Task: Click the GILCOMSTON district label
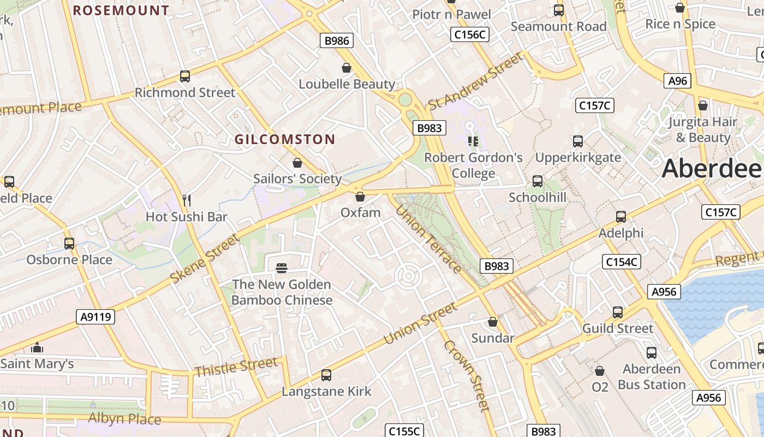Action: (x=285, y=139)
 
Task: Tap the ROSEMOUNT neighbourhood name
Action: (x=121, y=10)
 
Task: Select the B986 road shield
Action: (x=336, y=40)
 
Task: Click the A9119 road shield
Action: (x=95, y=316)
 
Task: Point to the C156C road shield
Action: (x=470, y=34)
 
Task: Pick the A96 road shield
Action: (x=678, y=81)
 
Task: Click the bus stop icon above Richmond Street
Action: (x=185, y=76)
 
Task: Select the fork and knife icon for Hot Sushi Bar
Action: (x=186, y=200)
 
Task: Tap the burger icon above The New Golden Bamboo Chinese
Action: (x=282, y=268)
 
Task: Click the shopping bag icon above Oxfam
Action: (x=360, y=196)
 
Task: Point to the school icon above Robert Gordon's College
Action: (x=473, y=141)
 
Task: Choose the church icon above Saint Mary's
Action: (x=37, y=347)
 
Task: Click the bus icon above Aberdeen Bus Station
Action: (x=651, y=353)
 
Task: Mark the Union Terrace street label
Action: (x=428, y=239)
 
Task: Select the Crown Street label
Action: (x=466, y=375)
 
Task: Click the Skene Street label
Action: (x=205, y=259)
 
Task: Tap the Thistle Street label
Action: (x=236, y=367)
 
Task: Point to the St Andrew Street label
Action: (x=475, y=81)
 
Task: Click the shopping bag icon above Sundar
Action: (x=493, y=322)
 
